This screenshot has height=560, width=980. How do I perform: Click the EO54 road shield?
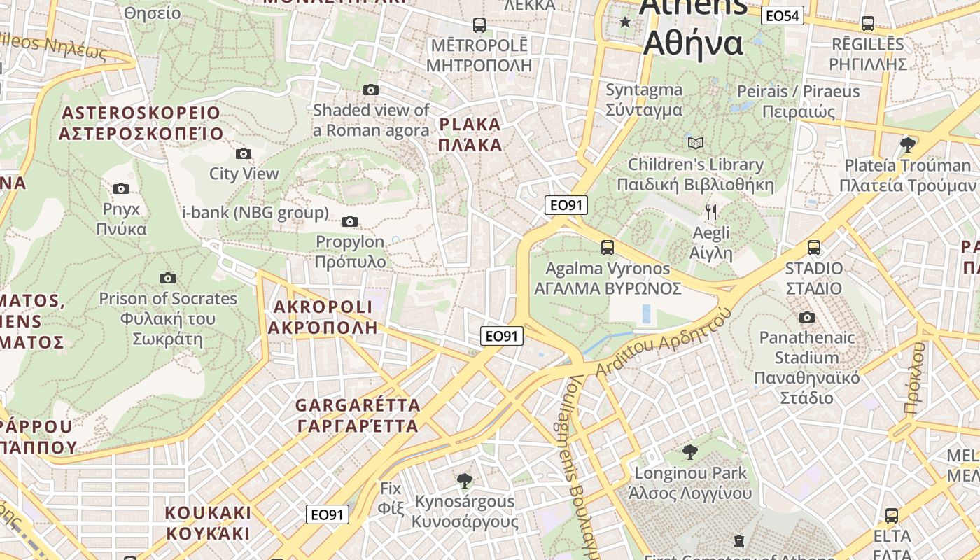coord(783,15)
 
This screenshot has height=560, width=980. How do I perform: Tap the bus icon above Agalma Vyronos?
coord(607,248)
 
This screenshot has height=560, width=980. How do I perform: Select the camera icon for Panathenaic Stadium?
coord(806,318)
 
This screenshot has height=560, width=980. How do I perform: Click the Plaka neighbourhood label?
coord(470,135)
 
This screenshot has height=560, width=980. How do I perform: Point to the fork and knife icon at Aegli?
coord(711,211)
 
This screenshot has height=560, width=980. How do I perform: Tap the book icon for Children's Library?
coord(695,143)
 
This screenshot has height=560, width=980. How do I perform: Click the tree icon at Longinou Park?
coord(689,451)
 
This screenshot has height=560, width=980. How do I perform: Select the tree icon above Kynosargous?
coord(463,480)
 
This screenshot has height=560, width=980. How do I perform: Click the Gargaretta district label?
coord(358,415)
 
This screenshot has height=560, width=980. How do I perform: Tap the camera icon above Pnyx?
coord(121,188)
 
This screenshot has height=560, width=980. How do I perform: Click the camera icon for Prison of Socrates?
coord(167,278)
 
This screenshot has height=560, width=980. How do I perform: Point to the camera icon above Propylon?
coord(349,222)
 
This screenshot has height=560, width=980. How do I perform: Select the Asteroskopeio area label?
coord(141,123)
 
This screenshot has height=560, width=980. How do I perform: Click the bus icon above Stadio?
coord(813,248)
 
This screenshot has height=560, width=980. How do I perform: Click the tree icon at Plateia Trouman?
coord(908,145)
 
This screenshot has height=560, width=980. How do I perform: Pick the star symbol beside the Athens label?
coord(625,22)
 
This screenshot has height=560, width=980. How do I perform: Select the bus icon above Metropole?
coord(479,25)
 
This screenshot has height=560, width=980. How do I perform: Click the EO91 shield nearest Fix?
coord(328,514)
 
